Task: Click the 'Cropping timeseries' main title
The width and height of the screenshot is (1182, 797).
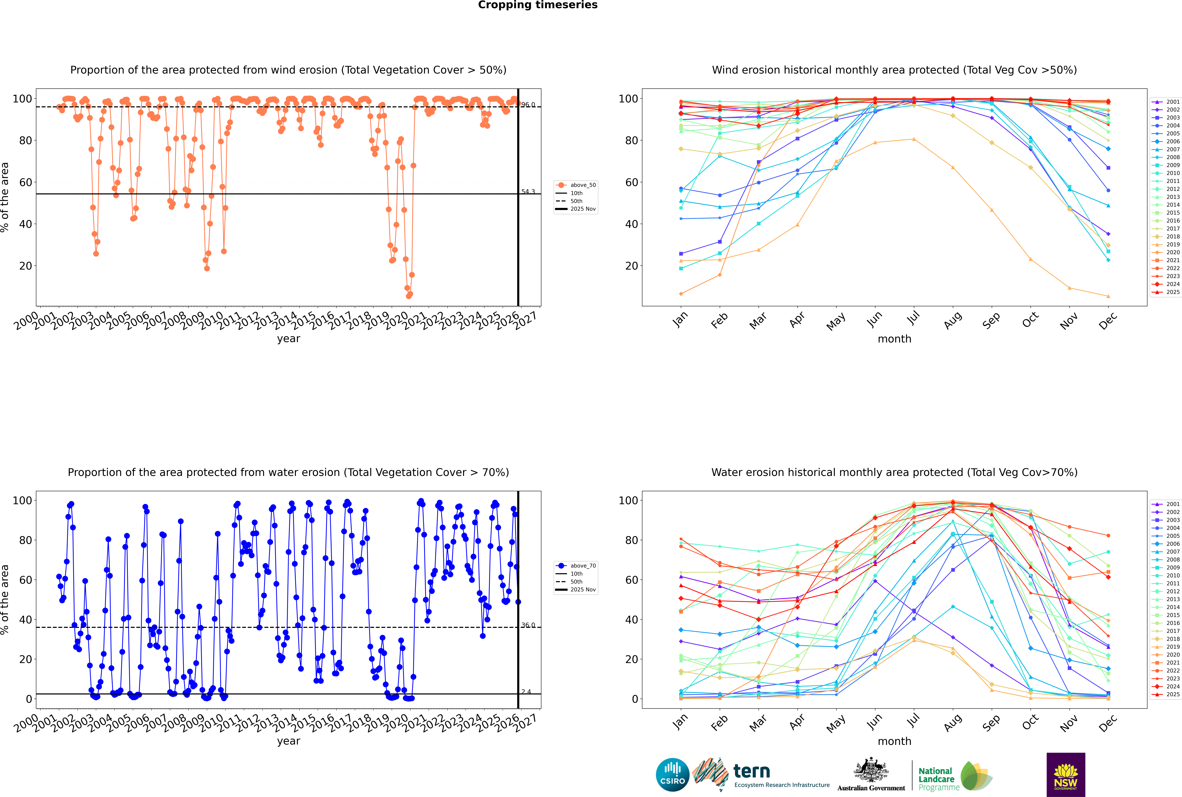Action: point(538,5)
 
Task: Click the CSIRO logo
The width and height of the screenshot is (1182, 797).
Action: point(672,775)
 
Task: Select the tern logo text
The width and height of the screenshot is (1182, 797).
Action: point(752,772)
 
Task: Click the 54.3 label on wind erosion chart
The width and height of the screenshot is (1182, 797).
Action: point(528,192)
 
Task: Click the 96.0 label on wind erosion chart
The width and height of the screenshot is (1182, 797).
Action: point(528,105)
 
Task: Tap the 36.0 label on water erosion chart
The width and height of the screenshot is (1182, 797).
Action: point(528,625)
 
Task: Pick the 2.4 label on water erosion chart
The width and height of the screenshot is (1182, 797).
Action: point(526,692)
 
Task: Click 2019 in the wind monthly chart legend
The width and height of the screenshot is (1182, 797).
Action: point(1173,244)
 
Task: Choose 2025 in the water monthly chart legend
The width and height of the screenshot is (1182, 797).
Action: point(1173,694)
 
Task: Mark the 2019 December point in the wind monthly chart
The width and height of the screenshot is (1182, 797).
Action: point(1108,296)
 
